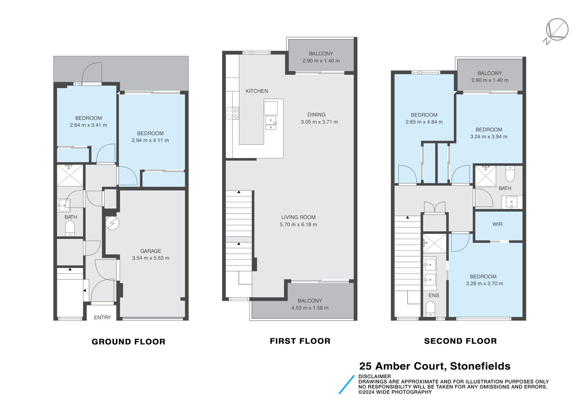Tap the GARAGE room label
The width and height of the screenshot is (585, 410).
coord(151,251)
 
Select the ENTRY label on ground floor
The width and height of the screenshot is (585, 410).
coord(102,317)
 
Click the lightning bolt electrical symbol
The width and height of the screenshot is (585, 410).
coord(113,223)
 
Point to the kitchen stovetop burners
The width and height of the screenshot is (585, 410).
coord(232,114)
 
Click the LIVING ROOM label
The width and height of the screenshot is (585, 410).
coord(298,217)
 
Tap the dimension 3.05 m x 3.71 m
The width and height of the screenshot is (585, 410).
coord(319,122)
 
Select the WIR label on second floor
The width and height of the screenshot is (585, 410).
coord(497,224)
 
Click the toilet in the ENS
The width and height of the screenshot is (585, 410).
coord(430,309)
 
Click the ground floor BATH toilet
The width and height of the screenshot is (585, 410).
coord(70,228)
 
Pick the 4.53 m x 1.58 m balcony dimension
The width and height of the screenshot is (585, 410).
coord(310,308)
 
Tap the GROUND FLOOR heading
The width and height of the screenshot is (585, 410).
coord(129,342)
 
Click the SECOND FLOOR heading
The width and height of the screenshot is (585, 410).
coord(460,341)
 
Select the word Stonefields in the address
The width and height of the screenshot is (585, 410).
coord(480,366)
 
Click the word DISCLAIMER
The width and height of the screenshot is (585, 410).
coord(375,377)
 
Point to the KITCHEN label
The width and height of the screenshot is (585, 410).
coord(257,91)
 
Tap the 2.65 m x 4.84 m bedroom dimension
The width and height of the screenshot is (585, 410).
coord(424,122)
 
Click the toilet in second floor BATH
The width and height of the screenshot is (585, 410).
coord(510,174)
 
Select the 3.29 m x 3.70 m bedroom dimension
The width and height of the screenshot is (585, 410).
coord(484,283)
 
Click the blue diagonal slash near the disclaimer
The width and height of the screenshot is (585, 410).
coord(347,384)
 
